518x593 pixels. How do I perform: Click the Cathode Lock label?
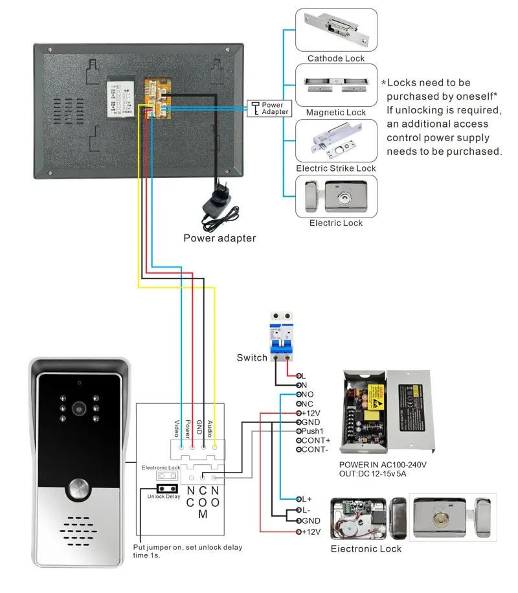[336, 58]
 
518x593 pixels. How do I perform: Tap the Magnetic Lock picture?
[336, 84]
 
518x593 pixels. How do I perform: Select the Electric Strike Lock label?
[336, 168]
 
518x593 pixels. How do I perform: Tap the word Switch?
[252, 358]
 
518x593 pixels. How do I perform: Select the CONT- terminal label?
[315, 449]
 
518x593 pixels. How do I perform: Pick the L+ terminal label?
[306, 499]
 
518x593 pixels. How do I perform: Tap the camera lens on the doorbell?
[80, 409]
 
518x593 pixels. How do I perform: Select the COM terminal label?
[203, 502]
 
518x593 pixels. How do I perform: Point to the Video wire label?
[175, 427]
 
